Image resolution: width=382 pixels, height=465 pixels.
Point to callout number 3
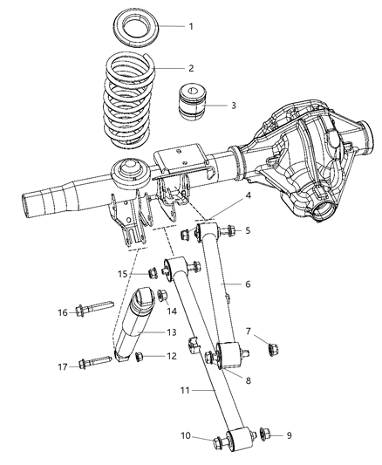(233, 106)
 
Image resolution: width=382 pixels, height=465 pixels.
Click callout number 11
(200, 392)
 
